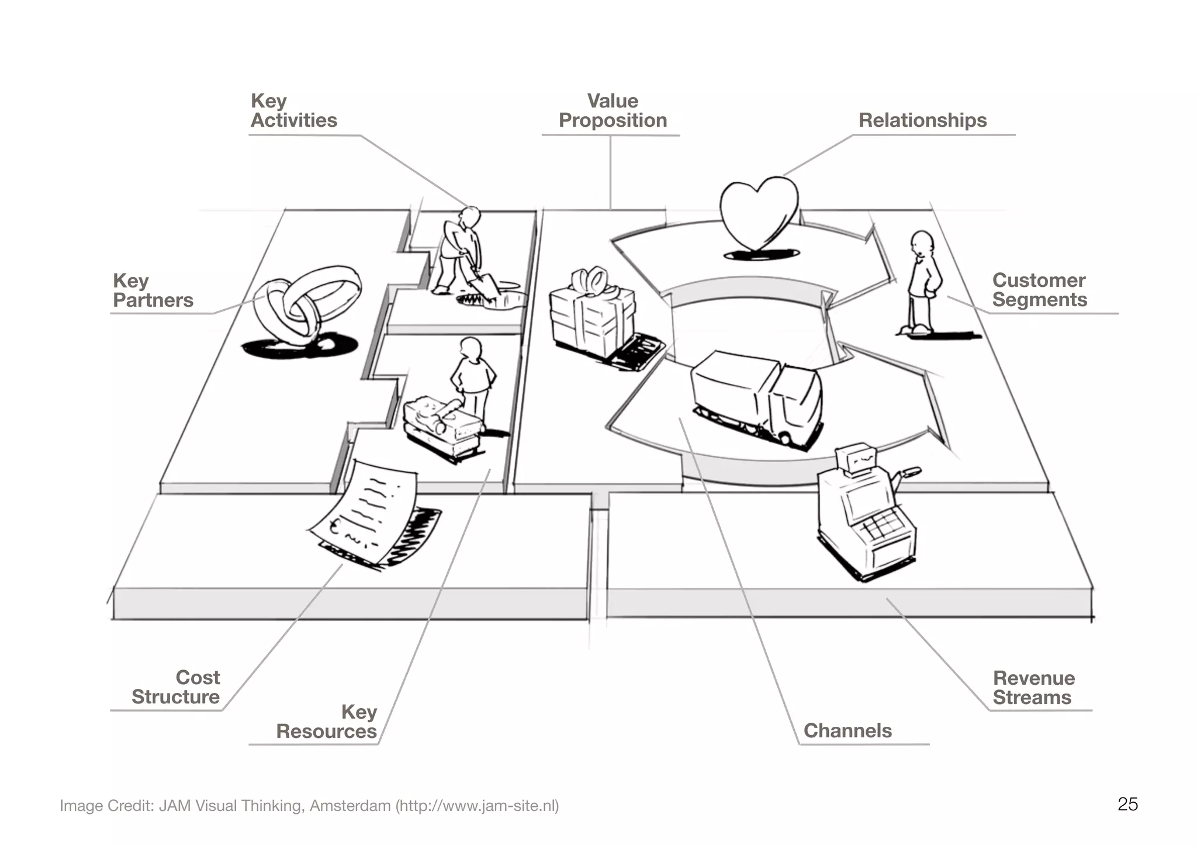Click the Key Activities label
(x=293, y=111)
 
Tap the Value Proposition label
(x=613, y=111)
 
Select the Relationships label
(x=922, y=120)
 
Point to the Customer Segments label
(x=1039, y=290)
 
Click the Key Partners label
(x=153, y=290)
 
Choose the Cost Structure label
(x=176, y=687)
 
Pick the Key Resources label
(x=327, y=722)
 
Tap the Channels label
(x=847, y=731)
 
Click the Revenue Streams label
(x=1033, y=688)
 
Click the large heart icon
(x=759, y=213)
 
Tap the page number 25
(x=1127, y=805)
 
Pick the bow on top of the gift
(x=591, y=280)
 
